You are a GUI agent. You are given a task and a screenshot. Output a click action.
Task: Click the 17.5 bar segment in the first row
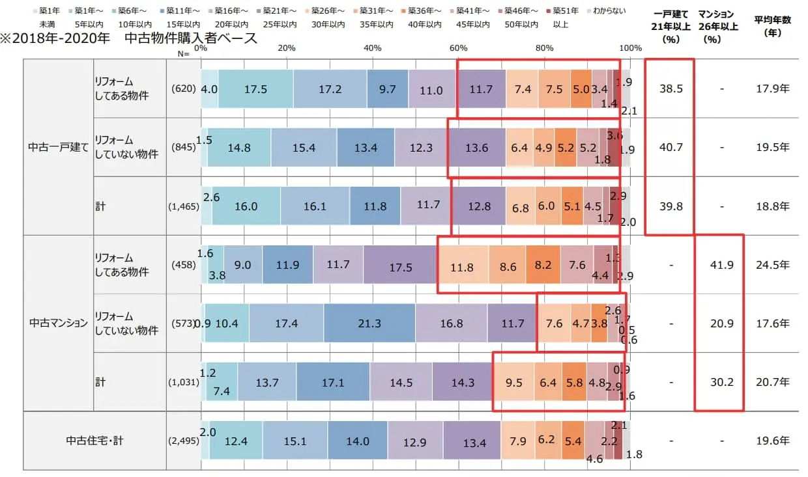255,89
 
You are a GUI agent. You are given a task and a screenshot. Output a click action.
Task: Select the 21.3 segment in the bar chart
369,323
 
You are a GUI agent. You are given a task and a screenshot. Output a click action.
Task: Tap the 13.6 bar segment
476,148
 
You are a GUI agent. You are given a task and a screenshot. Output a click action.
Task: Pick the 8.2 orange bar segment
543,265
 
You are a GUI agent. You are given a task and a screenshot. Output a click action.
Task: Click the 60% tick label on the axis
458,48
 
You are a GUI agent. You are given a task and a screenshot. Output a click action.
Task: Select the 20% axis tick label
287,48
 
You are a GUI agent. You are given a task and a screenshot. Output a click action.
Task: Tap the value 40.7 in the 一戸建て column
671,148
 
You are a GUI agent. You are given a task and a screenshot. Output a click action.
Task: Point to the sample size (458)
183,265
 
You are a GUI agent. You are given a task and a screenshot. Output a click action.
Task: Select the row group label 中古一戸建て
58,147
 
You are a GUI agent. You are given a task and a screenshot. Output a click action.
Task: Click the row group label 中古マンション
58,323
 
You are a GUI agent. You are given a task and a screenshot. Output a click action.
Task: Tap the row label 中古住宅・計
94,441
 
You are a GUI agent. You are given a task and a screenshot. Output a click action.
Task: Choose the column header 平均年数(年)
772,26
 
